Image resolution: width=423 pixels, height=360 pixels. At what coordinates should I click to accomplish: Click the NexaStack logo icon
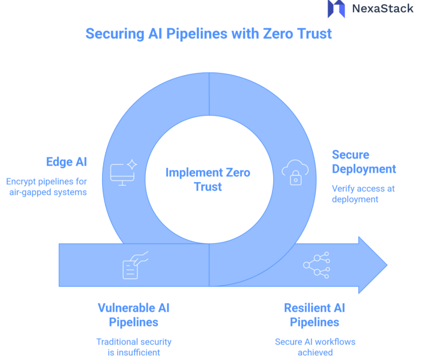(x=336, y=8)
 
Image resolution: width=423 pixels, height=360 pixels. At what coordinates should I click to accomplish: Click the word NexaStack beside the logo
(x=382, y=8)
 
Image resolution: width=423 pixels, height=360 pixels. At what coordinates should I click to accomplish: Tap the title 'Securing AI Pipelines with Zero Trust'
(x=209, y=34)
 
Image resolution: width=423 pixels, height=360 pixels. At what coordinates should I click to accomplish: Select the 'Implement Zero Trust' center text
(x=208, y=179)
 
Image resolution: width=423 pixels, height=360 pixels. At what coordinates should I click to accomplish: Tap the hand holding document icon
(x=135, y=265)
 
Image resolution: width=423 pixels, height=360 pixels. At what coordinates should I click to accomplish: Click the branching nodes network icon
(x=316, y=265)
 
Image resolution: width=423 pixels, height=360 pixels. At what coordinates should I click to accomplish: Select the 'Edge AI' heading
(x=67, y=162)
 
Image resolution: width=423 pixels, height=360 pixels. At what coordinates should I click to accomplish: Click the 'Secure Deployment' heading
(x=364, y=162)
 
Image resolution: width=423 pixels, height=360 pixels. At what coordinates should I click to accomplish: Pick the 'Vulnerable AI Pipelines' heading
(x=134, y=315)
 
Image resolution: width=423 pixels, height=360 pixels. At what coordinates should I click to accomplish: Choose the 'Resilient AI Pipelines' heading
(x=315, y=315)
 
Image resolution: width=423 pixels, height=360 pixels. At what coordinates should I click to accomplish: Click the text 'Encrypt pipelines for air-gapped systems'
(x=46, y=187)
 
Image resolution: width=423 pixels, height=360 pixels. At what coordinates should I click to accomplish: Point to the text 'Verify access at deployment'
(x=364, y=194)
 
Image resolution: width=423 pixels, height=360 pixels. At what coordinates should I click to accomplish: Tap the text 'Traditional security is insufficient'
(x=134, y=347)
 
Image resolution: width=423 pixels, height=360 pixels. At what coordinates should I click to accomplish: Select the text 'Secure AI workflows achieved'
(x=315, y=347)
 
